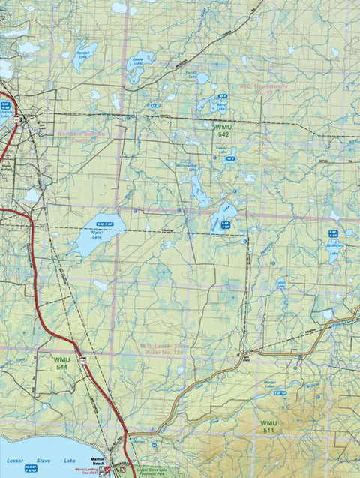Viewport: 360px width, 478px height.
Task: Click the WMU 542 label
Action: [223, 129]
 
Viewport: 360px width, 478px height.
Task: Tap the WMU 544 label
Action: [61, 363]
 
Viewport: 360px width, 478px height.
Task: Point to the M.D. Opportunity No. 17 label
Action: [264, 89]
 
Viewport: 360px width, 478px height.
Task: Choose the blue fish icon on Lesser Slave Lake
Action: [31, 468]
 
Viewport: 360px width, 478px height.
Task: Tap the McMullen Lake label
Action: [334, 248]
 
